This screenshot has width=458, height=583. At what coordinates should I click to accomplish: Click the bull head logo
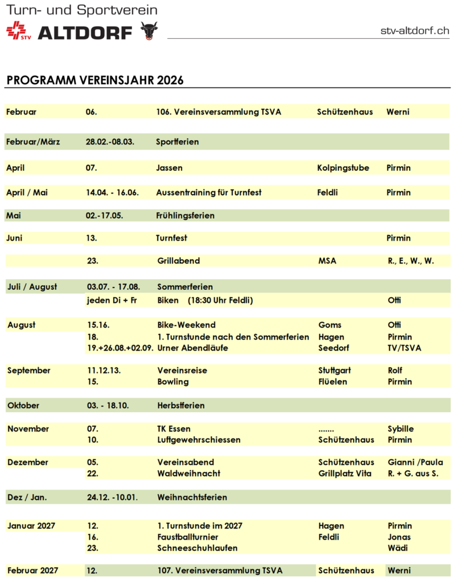tap(149, 30)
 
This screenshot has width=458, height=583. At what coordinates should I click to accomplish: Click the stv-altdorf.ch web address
tap(415, 31)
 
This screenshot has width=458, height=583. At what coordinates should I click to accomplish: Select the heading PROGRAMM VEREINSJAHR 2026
tap(95, 80)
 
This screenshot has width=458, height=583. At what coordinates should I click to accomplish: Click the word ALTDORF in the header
tap(85, 32)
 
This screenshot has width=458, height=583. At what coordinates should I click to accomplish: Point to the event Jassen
tap(169, 168)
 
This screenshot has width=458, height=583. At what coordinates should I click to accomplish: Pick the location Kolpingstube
tap(343, 168)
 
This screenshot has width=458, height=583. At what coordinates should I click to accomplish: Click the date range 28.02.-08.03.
tap(110, 141)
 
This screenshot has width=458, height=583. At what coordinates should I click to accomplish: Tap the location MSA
tap(327, 261)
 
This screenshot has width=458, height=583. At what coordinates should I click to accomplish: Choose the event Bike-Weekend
tap(186, 325)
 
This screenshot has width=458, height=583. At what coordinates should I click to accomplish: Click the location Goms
tap(330, 325)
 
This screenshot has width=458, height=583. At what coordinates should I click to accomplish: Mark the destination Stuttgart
tap(334, 371)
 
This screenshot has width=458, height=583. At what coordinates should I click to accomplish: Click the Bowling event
tap(172, 381)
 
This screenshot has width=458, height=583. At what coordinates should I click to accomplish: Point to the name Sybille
tap(401, 429)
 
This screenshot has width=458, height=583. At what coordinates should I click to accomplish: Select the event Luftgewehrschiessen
tap(199, 440)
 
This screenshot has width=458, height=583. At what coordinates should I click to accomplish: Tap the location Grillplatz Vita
tap(345, 474)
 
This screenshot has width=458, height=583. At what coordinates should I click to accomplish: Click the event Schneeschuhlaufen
tap(197, 548)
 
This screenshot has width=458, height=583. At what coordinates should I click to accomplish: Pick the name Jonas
tap(399, 537)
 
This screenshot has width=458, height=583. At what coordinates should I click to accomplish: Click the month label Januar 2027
tap(31, 525)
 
